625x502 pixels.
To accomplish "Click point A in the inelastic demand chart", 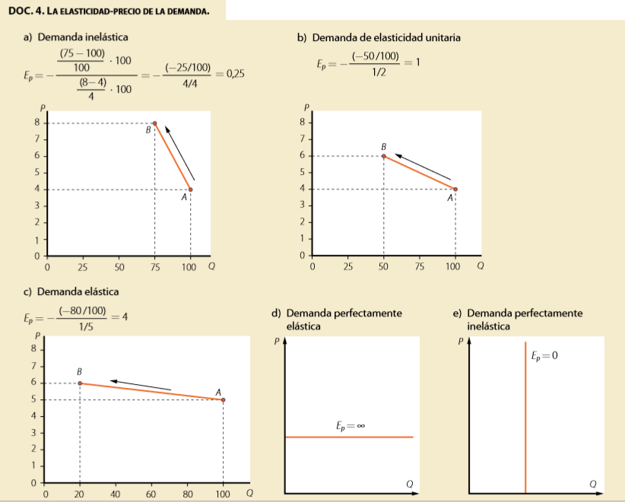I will pos(190,189).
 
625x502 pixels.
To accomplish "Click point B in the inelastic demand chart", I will pos(155,123).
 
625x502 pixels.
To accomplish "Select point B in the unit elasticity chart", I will pos(383,156).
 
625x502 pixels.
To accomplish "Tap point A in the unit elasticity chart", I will pos(455,189).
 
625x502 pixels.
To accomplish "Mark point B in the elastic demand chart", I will pos(80,383).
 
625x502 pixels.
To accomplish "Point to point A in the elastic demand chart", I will pos(223,399).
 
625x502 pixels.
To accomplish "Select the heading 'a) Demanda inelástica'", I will pos(76,37).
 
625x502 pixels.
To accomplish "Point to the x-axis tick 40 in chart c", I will pos(116,494).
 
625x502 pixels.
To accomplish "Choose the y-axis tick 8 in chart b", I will pos(303,122).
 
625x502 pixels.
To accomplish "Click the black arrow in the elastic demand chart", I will pos(140,384).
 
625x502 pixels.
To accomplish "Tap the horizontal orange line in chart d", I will pos(349,437).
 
